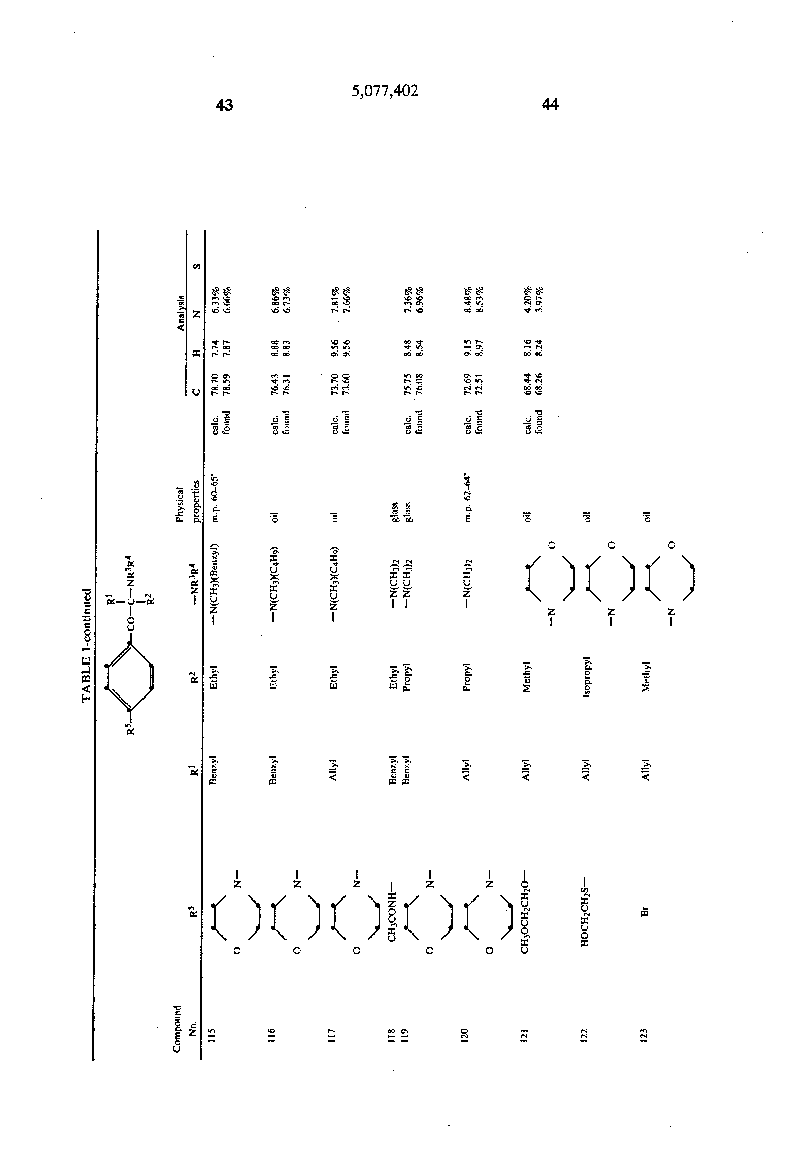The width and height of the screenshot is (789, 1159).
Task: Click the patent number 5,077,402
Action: point(385,91)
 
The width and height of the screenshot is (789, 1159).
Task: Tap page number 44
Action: point(550,104)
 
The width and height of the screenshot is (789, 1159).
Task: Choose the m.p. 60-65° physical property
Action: point(215,499)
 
